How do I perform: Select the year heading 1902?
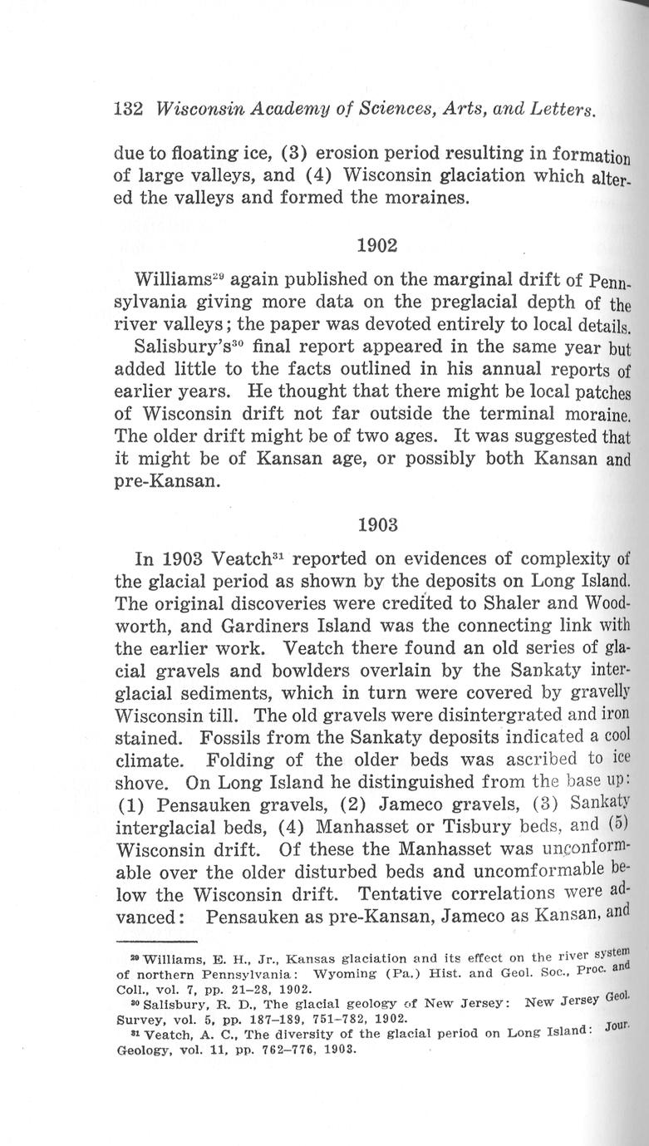tap(376, 246)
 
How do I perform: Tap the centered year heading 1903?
tap(376, 525)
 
